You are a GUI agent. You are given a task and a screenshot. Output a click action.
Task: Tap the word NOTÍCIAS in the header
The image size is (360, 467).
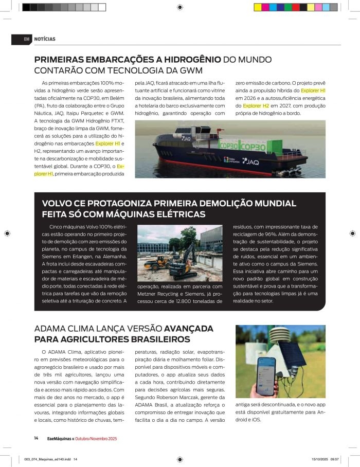[45, 39]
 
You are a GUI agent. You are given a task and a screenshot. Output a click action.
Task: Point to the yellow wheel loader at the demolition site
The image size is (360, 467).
[156, 263]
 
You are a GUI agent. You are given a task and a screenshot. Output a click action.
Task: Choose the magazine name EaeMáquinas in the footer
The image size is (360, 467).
[60, 438]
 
